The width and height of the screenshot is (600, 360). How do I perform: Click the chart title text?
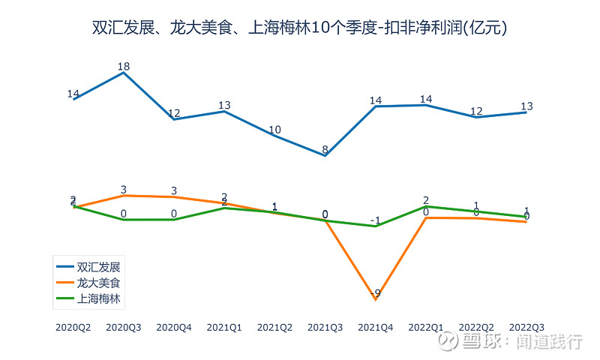[299, 28]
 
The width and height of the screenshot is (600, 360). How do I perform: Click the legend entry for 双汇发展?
[98, 266]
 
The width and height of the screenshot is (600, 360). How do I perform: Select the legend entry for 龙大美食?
[98, 283]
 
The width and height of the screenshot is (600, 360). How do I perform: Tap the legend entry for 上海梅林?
[98, 298]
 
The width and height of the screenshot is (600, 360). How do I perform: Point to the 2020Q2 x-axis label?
[73, 327]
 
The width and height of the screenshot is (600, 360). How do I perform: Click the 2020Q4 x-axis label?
[174, 327]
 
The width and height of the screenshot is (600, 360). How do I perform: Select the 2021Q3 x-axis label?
[325, 327]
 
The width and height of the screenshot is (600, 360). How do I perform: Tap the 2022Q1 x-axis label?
[426, 327]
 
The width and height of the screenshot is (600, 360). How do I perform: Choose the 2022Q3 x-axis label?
[526, 327]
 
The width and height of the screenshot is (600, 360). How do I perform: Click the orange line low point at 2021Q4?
[375, 300]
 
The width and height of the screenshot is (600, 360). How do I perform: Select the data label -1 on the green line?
[375, 220]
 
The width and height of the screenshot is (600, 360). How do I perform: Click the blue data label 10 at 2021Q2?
[275, 130]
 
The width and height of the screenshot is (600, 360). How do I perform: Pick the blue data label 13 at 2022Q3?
[526, 106]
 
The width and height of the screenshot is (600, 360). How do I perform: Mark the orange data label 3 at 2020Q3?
[124, 190]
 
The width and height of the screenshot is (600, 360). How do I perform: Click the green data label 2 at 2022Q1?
[426, 200]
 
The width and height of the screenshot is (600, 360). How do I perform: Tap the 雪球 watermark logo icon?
[448, 341]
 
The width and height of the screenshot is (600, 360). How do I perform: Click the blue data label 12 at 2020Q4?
[174, 114]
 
